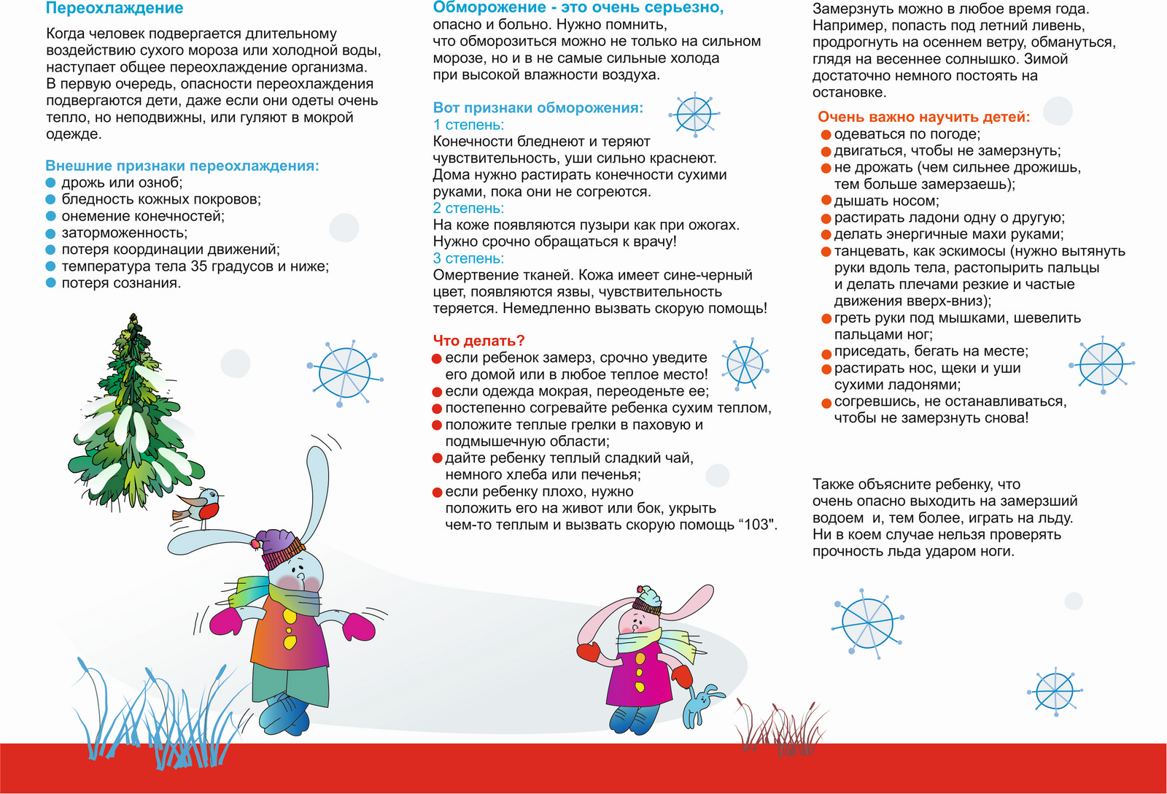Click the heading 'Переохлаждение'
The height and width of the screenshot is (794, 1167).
[x=115, y=9]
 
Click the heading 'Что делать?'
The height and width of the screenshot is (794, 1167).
[x=478, y=341]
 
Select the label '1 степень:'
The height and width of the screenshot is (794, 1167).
[x=468, y=125]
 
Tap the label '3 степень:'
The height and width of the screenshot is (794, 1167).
[x=468, y=258]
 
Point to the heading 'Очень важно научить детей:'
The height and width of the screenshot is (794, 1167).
[x=923, y=117]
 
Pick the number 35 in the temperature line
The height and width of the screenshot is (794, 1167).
[x=199, y=266]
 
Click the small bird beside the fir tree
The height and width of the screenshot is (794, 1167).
[x=200, y=504]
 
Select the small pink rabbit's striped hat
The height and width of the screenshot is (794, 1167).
[x=646, y=598]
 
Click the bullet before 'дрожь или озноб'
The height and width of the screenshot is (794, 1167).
[x=51, y=182]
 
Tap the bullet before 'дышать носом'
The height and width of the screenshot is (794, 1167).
[x=826, y=201]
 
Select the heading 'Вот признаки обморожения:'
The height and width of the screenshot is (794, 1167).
[x=538, y=108]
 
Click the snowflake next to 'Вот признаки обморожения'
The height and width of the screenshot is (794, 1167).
[x=693, y=114]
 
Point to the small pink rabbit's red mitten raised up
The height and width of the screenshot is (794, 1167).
[x=588, y=651]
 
